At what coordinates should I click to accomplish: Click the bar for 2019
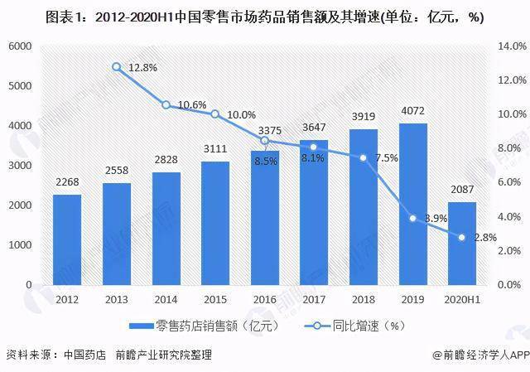[x=412, y=204]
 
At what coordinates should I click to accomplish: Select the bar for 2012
[x=66, y=239]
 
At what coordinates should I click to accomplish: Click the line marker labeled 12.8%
[x=117, y=67]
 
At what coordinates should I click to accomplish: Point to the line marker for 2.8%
[x=462, y=237]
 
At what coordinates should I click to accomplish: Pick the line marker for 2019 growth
[x=412, y=218]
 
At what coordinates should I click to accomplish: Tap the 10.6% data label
[x=191, y=104]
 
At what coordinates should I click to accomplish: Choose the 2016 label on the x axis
[x=264, y=297]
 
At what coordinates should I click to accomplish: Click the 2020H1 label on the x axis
[x=462, y=297]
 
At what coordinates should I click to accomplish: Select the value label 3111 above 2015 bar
[x=215, y=149]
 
